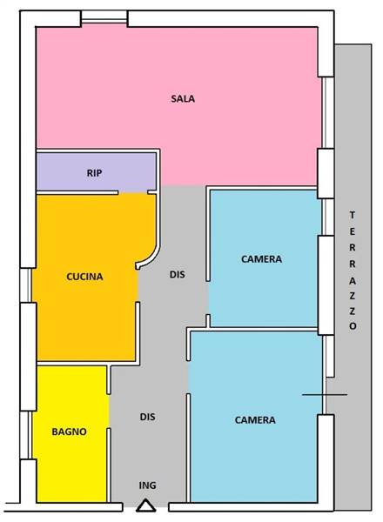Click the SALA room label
coord(183,98)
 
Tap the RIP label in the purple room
coord(94,173)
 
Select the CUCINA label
coord(84,277)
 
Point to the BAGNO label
coord(70,432)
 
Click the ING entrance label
coord(147,485)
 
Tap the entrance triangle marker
coord(146,506)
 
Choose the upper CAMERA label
coord(261,259)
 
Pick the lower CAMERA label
coord(255,420)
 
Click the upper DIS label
coord(178,275)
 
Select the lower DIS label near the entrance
coord(147,417)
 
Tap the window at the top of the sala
coord(104,17)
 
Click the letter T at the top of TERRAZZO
coord(353,215)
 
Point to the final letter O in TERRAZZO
coord(353,326)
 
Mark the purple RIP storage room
coord(97,172)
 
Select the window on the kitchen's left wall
coord(25,285)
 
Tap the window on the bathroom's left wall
coord(25,435)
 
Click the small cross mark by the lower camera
coord(325,395)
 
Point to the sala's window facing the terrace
coord(327,112)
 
